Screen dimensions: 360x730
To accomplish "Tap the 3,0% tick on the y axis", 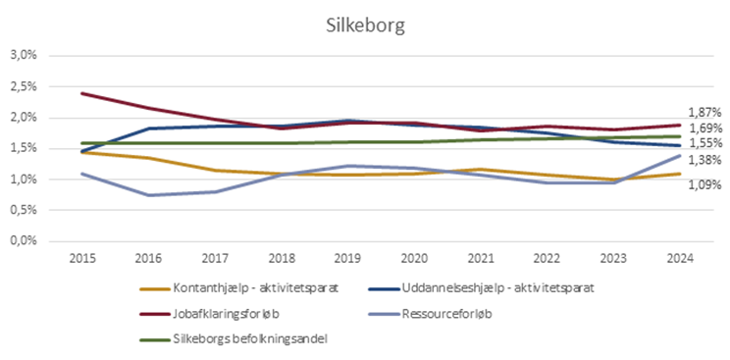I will coord(25,56).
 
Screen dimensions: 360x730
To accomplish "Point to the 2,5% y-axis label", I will coord(25,86).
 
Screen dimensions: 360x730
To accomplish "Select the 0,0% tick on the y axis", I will coord(25,240).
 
